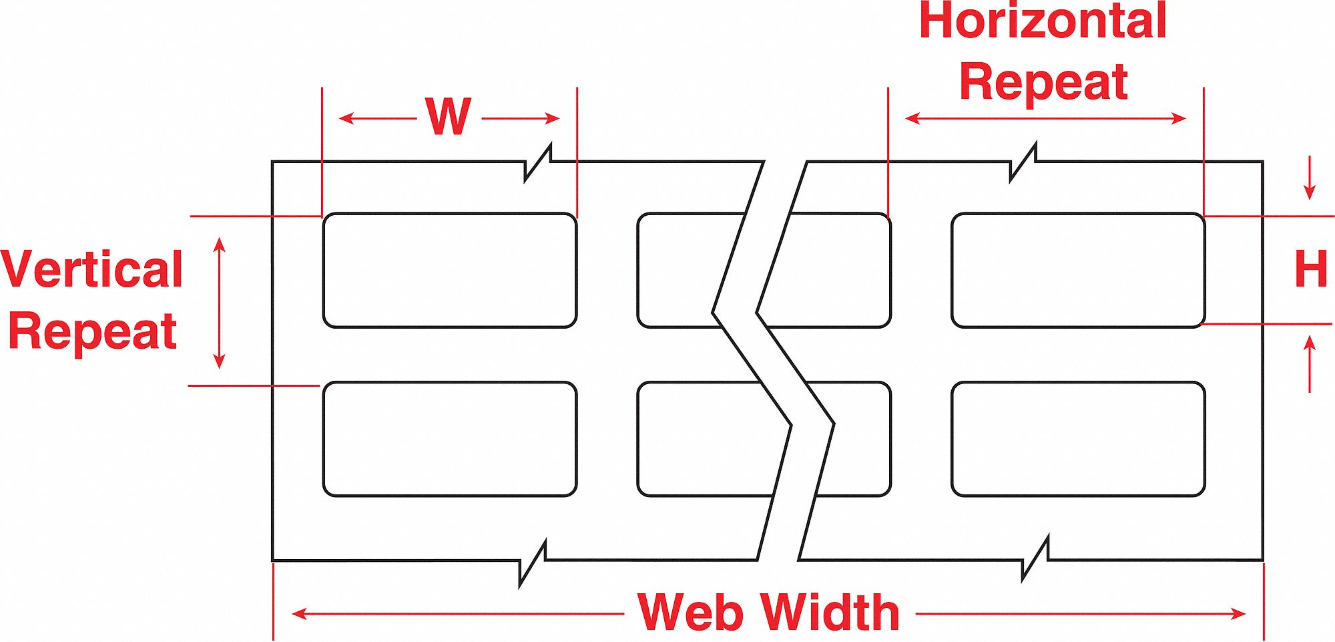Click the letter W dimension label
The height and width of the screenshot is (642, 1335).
pyautogui.click(x=449, y=118)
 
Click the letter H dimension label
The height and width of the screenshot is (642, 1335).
pyautogui.click(x=1310, y=269)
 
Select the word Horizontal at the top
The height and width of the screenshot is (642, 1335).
pyautogui.click(x=1043, y=21)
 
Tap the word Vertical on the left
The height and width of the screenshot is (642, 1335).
pyautogui.click(x=92, y=270)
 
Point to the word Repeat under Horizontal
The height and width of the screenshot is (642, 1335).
pyautogui.click(x=1043, y=83)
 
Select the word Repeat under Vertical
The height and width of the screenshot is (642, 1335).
pyautogui.click(x=92, y=331)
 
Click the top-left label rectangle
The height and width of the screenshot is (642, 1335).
pyautogui.click(x=449, y=271)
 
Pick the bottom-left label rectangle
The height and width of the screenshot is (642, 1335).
pyautogui.click(x=449, y=439)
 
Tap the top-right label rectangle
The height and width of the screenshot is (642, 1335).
pyautogui.click(x=1077, y=271)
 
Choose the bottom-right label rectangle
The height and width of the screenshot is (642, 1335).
pyautogui.click(x=1077, y=439)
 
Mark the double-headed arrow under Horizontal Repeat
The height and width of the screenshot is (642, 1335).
pyautogui.click(x=1045, y=119)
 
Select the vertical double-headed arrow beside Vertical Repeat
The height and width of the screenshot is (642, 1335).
pyautogui.click(x=219, y=303)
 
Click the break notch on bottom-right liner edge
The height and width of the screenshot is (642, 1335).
pyautogui.click(x=1035, y=559)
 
